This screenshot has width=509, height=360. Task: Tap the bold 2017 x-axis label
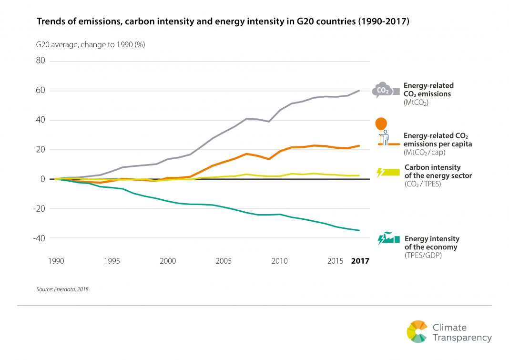(360, 261)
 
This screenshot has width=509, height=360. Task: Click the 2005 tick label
(223, 261)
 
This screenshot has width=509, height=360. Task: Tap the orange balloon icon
(381, 124)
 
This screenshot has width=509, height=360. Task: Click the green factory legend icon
(388, 238)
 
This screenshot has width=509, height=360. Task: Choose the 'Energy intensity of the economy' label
(432, 243)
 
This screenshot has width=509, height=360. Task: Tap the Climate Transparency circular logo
(417, 331)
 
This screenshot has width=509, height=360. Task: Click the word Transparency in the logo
(462, 338)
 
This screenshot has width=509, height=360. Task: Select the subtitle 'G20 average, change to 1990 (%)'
(91, 45)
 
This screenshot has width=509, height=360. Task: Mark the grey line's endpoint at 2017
(359, 91)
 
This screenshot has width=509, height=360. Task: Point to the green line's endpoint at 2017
(359, 230)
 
